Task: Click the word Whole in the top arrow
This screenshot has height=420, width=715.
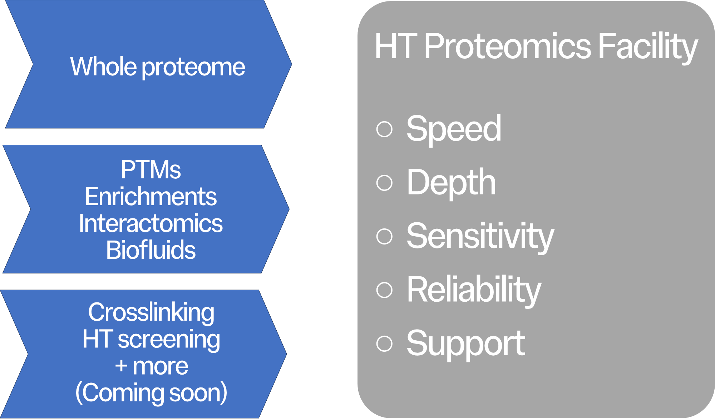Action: pyautogui.click(x=103, y=67)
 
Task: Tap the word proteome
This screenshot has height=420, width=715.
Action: pyautogui.click(x=193, y=68)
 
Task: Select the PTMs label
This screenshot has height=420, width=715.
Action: pyautogui.click(x=151, y=170)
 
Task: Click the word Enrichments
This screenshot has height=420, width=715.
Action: pyautogui.click(x=151, y=197)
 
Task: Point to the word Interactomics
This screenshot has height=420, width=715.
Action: pyautogui.click(x=151, y=223)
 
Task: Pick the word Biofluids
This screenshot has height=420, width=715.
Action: pyautogui.click(x=151, y=250)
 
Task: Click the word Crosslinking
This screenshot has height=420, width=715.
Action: pyautogui.click(x=151, y=313)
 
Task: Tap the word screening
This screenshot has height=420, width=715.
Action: pyautogui.click(x=169, y=340)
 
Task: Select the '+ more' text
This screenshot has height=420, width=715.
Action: pyautogui.click(x=151, y=366)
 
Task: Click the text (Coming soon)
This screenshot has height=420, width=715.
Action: pyautogui.click(x=151, y=393)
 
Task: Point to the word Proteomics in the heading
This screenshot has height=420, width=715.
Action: pyautogui.click(x=508, y=46)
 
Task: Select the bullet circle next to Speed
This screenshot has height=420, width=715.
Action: pyautogui.click(x=385, y=129)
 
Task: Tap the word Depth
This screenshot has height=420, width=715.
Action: pyautogui.click(x=451, y=183)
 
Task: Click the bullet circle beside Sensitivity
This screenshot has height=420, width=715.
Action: pyautogui.click(x=385, y=236)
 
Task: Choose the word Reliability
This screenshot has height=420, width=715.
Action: pyautogui.click(x=474, y=290)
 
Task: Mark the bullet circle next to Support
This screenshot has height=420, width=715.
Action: pyautogui.click(x=385, y=344)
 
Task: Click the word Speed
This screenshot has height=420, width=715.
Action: pyautogui.click(x=454, y=129)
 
